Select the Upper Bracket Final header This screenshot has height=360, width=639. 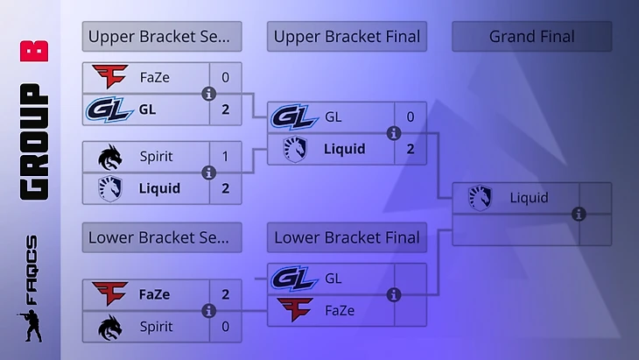(x=347, y=37)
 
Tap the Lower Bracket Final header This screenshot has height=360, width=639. (x=347, y=237)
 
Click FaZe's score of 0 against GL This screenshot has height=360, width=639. (x=225, y=77)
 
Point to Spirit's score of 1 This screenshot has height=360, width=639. (x=225, y=156)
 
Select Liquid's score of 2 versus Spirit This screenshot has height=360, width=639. (x=225, y=187)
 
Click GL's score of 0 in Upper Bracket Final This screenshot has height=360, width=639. (x=410, y=116)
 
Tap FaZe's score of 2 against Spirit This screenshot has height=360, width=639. (x=225, y=294)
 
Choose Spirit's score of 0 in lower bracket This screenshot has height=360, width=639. (x=225, y=326)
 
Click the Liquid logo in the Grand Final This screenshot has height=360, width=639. (x=480, y=198)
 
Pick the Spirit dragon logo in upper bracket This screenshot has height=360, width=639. (x=110, y=156)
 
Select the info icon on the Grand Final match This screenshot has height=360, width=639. (x=579, y=214)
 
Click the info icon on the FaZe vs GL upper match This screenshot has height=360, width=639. (x=208, y=94)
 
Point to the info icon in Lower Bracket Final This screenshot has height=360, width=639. (x=394, y=294)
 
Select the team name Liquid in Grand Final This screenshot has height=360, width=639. (x=529, y=198)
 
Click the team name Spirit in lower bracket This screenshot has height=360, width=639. (x=156, y=326)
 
